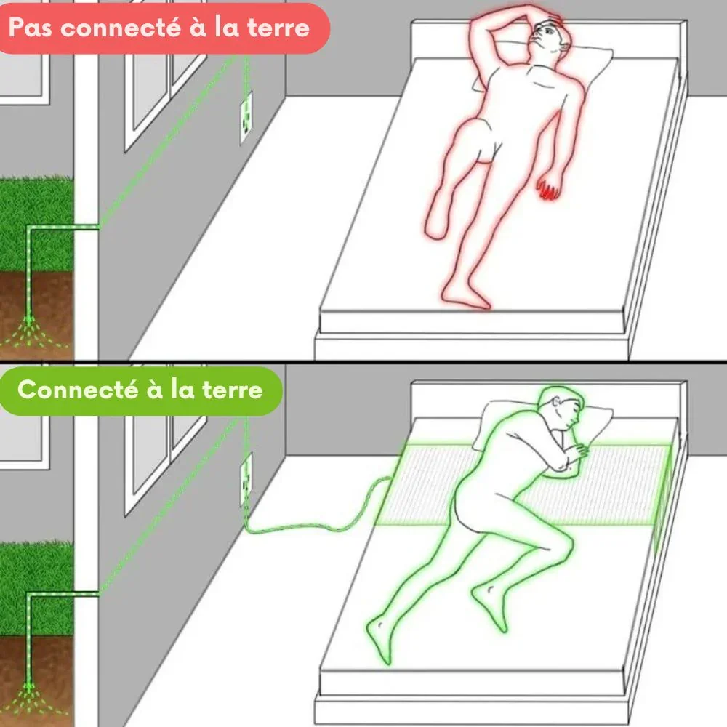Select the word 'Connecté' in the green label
click(78, 390)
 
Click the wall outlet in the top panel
click(246, 118)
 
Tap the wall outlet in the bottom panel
click(246, 479)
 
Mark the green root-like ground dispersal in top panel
click(29, 332)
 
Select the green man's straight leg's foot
click(379, 638)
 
